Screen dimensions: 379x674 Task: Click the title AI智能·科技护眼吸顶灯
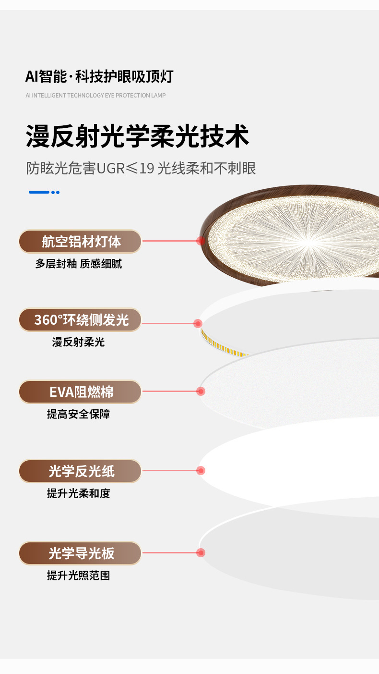(x=99, y=76)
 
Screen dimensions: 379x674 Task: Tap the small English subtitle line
(x=95, y=96)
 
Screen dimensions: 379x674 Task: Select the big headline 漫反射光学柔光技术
(x=138, y=136)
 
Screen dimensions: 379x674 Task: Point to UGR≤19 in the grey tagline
(x=125, y=168)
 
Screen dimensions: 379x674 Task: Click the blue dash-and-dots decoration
(x=44, y=192)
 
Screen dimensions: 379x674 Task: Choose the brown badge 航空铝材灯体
(x=80, y=242)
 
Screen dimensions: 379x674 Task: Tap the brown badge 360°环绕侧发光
(x=80, y=320)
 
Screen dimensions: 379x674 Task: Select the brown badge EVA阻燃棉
(x=80, y=392)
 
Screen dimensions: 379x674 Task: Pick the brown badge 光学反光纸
(x=80, y=471)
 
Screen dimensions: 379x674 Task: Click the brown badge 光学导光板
(x=80, y=553)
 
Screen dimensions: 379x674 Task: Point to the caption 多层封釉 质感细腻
(x=78, y=264)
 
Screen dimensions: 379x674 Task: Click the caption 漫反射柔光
(x=78, y=342)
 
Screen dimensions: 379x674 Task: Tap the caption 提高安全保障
(x=78, y=414)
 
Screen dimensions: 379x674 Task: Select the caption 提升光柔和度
(x=78, y=493)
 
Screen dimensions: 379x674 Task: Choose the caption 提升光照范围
(x=78, y=576)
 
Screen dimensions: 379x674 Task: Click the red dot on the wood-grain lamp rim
(x=201, y=241)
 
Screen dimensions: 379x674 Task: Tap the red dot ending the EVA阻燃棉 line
(x=201, y=391)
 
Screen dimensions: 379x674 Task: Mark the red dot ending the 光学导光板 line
(x=201, y=552)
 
